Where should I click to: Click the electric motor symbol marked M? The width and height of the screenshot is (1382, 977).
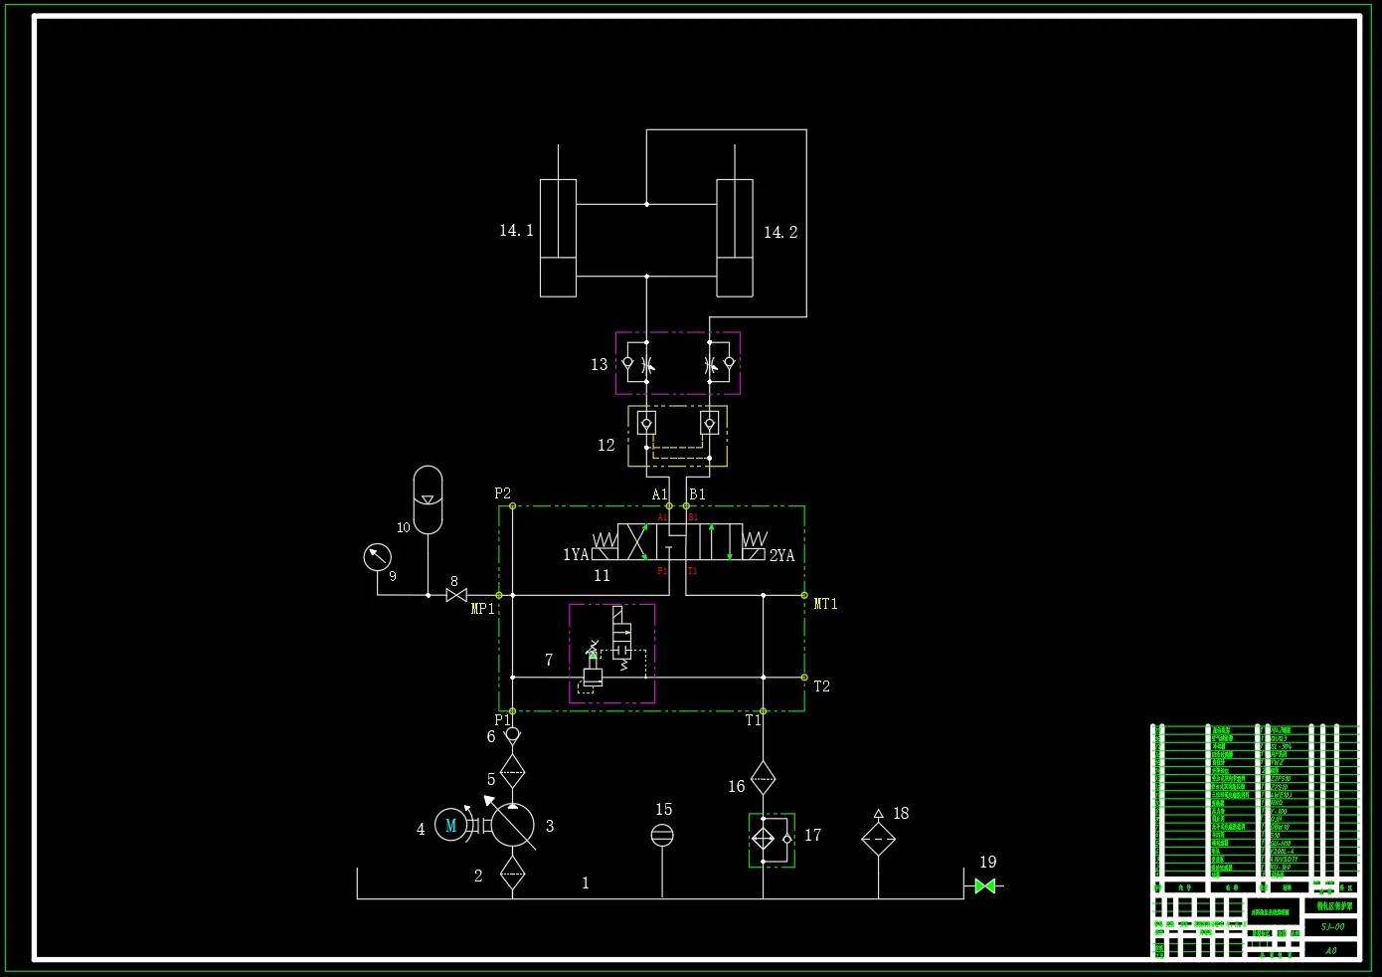pos(450,825)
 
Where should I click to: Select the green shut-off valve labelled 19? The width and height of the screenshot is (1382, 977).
pos(985,885)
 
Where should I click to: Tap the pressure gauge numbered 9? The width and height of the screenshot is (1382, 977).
pos(377,557)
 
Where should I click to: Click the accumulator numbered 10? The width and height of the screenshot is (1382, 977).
pos(428,499)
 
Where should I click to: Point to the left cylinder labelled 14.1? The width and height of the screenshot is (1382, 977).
pos(558,238)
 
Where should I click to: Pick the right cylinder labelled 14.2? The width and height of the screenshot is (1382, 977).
pos(735,238)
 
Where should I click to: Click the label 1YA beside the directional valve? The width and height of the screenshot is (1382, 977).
pos(576,555)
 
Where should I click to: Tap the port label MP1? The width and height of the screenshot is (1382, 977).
pos(482,609)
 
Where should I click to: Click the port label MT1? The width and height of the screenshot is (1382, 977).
pos(825,604)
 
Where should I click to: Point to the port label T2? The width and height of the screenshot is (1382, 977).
pos(821,686)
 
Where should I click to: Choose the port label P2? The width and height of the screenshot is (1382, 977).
pos(502,493)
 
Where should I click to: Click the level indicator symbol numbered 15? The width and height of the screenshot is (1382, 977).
pos(662,835)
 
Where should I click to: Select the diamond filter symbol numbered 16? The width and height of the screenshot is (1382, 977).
pos(763,778)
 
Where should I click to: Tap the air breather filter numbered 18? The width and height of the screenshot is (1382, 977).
pos(878,839)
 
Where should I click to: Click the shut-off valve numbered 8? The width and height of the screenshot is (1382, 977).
pos(456,595)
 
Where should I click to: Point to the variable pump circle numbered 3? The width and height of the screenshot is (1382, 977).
pos(512,826)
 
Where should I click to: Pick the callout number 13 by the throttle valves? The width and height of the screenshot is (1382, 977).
pos(599,365)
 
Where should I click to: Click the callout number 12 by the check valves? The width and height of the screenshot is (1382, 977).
pos(605,446)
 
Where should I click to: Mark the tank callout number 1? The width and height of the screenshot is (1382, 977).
pos(586,883)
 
